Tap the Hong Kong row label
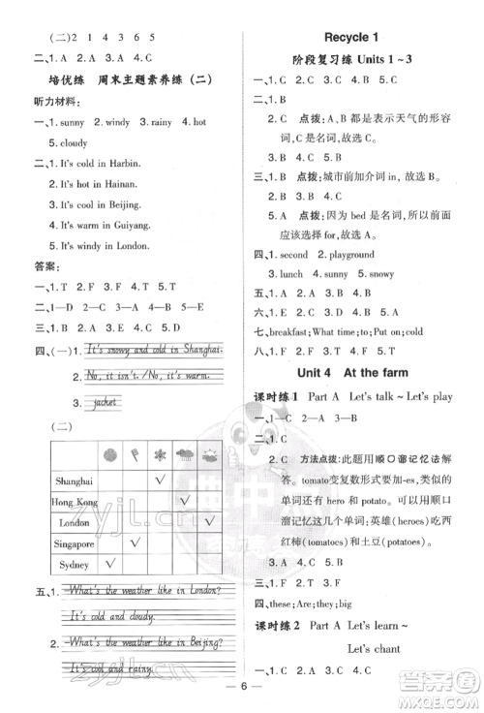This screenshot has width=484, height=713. coord(74,502)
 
